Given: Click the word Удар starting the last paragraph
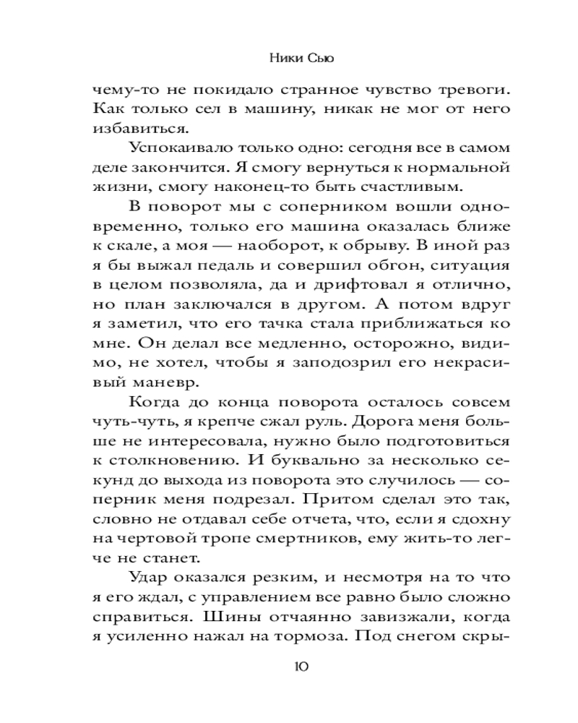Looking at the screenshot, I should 148,580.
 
